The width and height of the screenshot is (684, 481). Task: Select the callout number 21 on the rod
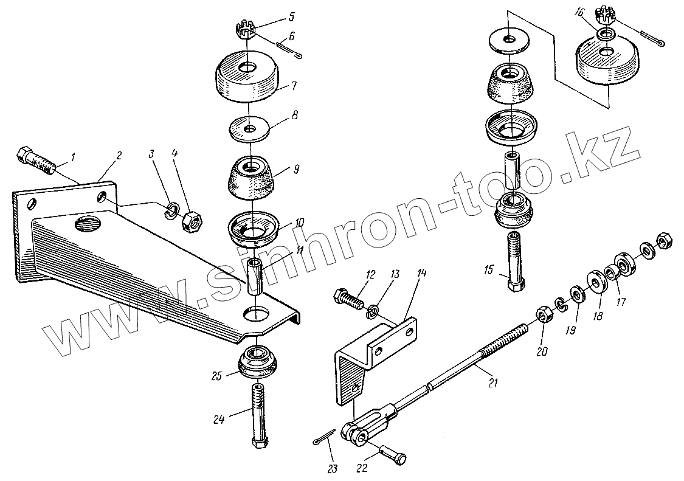[x=492, y=382]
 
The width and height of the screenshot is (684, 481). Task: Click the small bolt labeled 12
[x=349, y=299]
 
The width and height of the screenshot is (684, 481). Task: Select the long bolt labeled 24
[x=258, y=418]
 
